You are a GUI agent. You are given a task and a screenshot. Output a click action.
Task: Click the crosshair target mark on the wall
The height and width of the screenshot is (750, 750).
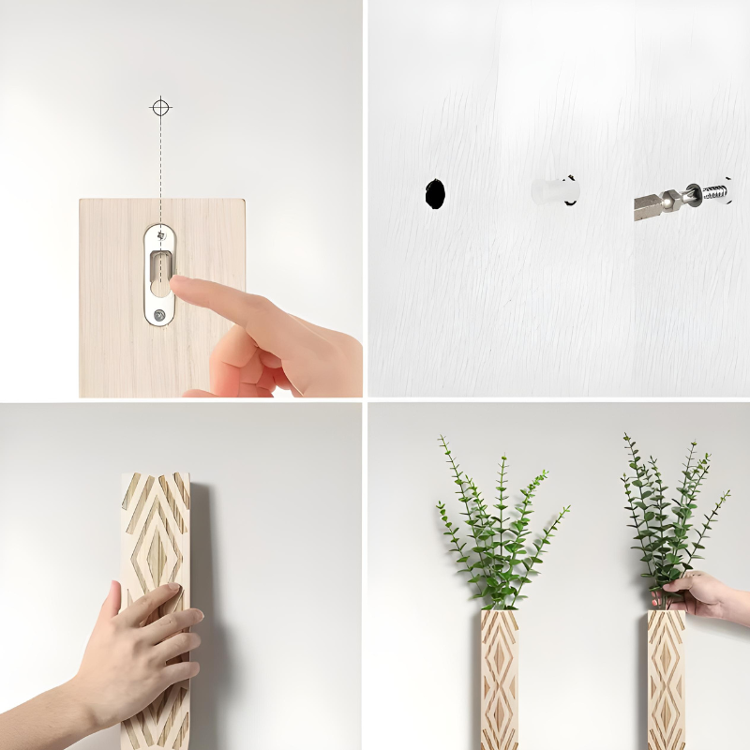(161, 108)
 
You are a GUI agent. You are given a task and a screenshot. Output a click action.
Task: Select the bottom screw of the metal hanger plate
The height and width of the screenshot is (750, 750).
(161, 316)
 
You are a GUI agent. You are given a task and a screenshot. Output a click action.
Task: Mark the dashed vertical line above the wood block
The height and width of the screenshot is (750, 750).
(161, 159)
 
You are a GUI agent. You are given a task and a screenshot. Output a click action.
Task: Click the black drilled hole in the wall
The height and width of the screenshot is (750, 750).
(435, 193)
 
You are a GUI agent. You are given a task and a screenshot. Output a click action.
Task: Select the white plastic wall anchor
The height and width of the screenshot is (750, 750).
(555, 191)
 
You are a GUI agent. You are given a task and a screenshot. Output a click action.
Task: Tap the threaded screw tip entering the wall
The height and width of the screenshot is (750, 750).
(715, 194)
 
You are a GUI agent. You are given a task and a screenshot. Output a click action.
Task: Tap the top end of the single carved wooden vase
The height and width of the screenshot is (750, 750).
(156, 480)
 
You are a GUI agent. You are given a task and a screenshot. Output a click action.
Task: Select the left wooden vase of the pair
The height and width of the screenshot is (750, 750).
(499, 680)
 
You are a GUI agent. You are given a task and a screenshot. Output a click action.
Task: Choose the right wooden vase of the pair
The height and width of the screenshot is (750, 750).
(666, 680)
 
